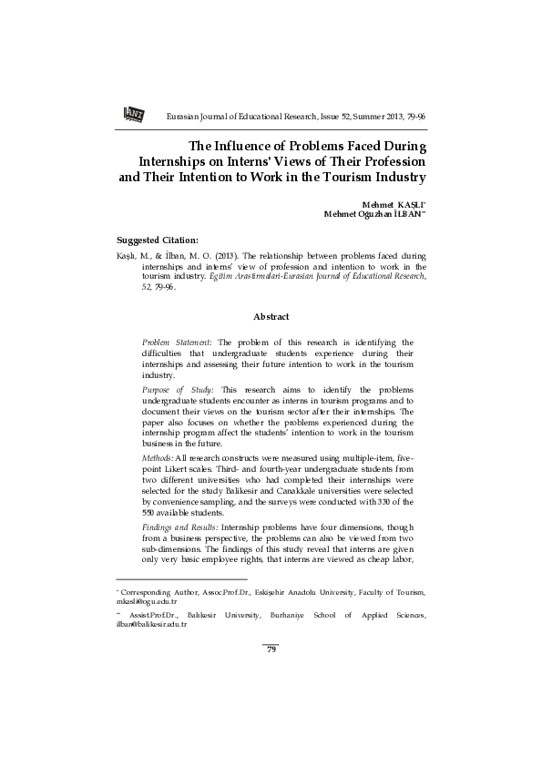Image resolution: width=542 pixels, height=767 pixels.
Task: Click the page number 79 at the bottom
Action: (271, 649)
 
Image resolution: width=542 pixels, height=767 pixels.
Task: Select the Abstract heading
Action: (271, 316)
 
